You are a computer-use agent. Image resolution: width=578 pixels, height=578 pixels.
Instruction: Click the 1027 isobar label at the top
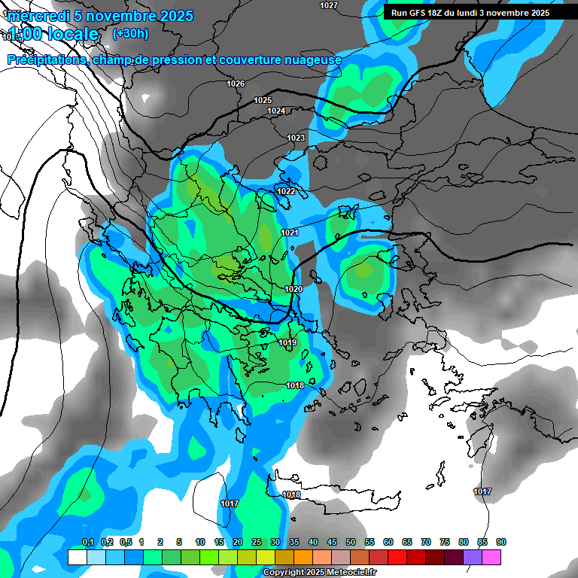(x=328, y=5)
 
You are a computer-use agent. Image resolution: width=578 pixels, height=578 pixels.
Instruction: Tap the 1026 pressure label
(x=236, y=84)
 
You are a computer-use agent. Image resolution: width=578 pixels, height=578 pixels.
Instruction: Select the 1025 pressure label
(x=263, y=100)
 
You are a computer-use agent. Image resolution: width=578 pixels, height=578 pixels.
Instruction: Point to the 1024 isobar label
(x=276, y=111)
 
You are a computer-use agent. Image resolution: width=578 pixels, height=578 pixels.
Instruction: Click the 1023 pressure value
(x=296, y=138)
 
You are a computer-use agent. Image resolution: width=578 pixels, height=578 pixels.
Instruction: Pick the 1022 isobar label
(x=286, y=191)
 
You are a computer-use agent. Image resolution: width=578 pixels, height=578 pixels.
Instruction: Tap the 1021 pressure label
(x=290, y=233)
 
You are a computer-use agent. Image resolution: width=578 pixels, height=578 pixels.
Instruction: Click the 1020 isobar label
(x=294, y=289)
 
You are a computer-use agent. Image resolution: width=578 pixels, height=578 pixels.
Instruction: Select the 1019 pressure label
(x=287, y=343)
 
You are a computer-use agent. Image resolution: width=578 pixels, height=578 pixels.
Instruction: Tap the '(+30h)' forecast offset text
(x=130, y=34)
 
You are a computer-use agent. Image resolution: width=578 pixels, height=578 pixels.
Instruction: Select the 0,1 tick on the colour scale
(x=87, y=542)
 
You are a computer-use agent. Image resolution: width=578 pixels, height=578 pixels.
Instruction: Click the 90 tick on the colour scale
(x=501, y=542)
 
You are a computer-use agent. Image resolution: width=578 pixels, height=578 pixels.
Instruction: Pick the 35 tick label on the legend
(x=294, y=542)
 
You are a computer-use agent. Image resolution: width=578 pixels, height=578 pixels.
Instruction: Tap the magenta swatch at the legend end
(x=491, y=557)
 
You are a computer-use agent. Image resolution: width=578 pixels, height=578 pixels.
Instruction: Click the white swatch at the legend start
(x=77, y=557)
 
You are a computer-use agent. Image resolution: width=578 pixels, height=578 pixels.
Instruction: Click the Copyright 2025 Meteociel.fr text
(x=319, y=573)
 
